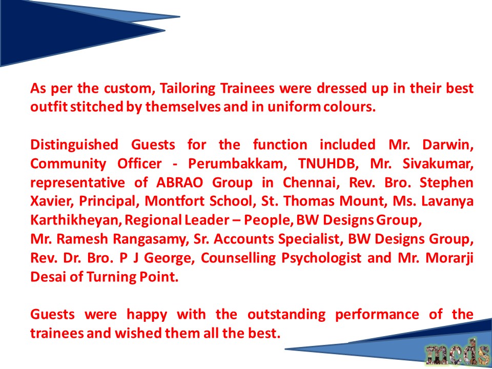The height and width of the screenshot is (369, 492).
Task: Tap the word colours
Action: (x=349, y=107)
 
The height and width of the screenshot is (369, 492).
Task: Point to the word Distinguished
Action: (x=74, y=145)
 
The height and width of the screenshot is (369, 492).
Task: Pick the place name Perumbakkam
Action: (x=237, y=164)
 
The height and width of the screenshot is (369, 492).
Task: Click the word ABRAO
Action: (x=179, y=182)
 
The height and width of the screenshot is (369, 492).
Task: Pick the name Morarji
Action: (x=449, y=258)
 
